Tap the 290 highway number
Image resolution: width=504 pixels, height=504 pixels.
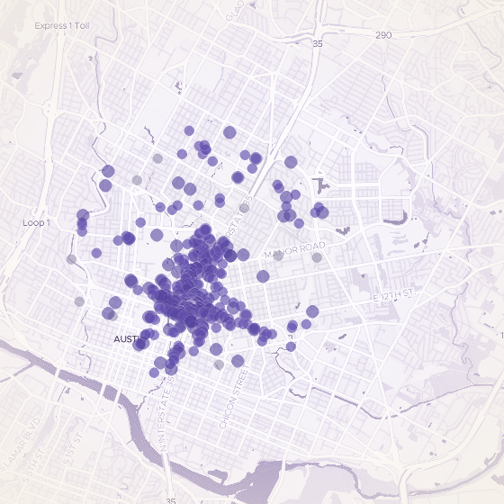point(383,35)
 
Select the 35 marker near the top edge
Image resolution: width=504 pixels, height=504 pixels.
point(317,43)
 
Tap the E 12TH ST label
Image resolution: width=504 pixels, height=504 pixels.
point(392,294)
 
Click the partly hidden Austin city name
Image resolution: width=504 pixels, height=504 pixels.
point(126,339)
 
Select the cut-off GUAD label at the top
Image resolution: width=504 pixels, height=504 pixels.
point(236,9)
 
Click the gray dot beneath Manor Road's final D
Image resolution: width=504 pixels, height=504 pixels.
point(317,257)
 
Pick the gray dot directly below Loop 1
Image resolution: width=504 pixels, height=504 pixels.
point(72,259)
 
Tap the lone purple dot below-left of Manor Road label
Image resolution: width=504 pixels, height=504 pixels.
point(263,276)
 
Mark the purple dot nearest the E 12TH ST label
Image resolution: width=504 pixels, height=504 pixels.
point(312,311)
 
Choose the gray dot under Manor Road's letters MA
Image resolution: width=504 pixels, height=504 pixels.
point(278,256)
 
